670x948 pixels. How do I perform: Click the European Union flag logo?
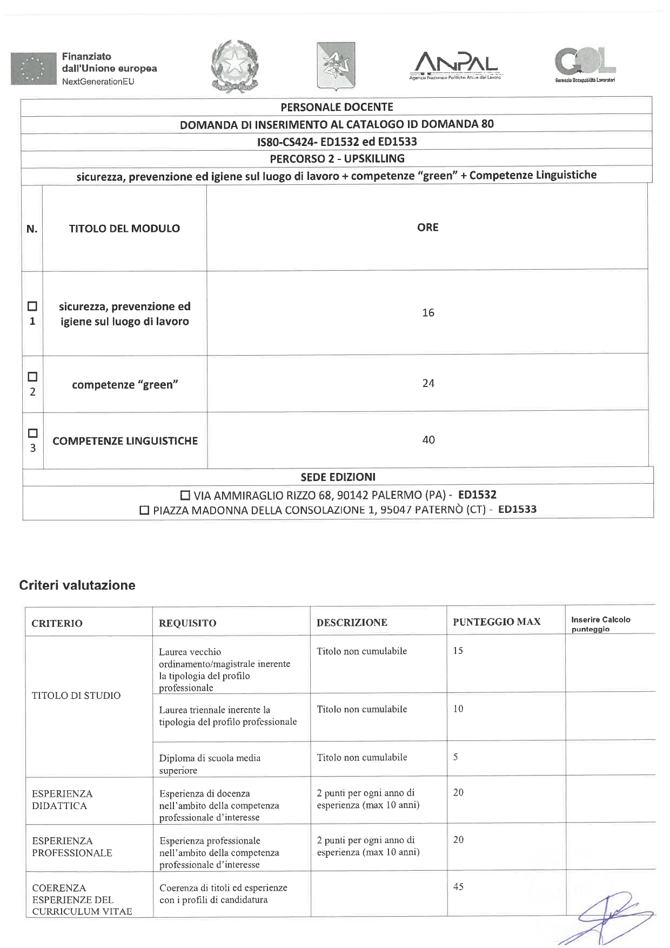coord(33,69)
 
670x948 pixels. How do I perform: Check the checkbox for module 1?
coord(32,306)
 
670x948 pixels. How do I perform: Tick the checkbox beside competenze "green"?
coord(32,377)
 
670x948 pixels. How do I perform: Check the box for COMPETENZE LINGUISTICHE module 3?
coord(32,433)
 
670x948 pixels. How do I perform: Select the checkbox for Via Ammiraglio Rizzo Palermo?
coord(185,495)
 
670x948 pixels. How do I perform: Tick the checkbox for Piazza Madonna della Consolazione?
coord(144,510)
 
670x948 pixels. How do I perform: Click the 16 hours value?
coord(428,313)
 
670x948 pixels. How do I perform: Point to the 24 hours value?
coord(428,383)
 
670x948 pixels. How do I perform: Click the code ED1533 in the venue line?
coord(517,509)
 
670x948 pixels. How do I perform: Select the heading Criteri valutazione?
coord(77,585)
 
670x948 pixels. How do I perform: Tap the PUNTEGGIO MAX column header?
coord(497,622)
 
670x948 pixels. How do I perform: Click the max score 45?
coord(458,887)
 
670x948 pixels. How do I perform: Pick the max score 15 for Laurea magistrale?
coord(458,651)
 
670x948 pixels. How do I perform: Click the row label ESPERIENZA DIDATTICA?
coord(62,800)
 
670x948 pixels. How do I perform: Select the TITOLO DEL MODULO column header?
coord(124,229)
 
